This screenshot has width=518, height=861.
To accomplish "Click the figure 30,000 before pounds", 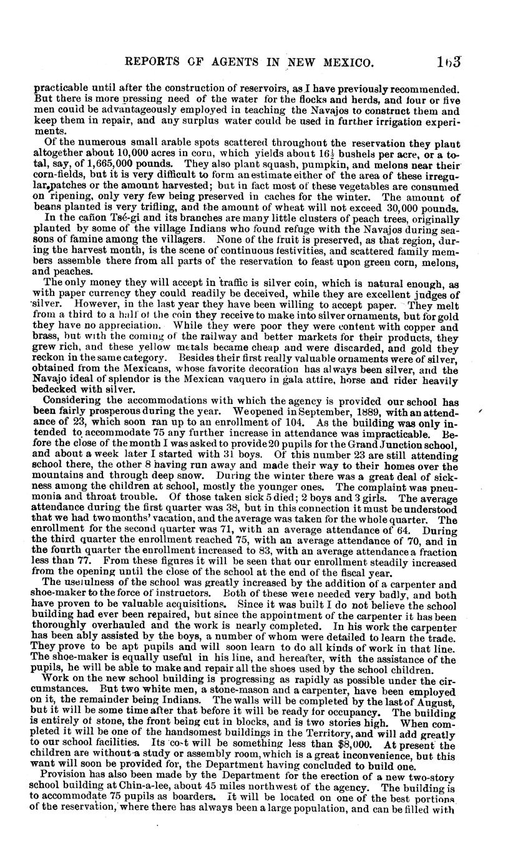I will click(x=410, y=209).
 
